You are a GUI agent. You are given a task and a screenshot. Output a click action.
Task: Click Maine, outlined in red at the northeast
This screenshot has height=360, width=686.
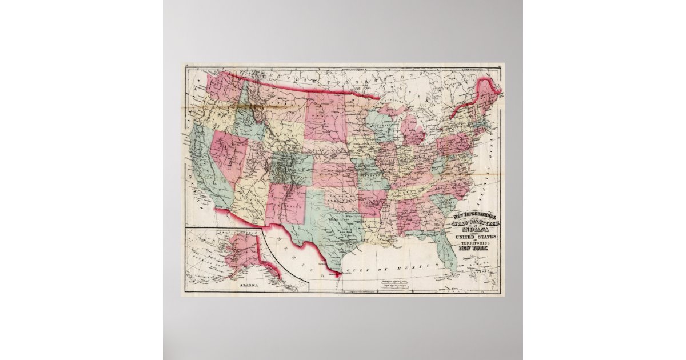point(488,94)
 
